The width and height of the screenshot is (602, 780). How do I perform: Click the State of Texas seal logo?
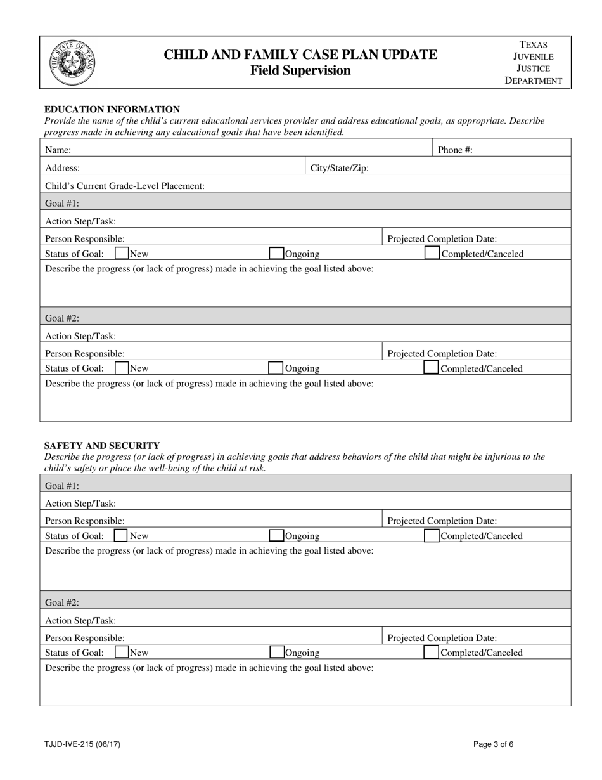72,62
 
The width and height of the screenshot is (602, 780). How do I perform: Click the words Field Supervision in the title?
300,70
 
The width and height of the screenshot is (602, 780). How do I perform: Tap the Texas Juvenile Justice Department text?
533,62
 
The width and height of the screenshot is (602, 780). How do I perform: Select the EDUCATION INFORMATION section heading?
112,109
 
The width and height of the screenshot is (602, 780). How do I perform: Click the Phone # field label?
455,150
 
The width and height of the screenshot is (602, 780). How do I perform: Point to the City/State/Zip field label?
339,168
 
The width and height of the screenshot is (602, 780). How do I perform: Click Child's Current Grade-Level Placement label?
125,186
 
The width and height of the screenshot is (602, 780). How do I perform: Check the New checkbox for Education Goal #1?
122,254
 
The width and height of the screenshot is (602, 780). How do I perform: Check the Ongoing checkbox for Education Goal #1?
276,254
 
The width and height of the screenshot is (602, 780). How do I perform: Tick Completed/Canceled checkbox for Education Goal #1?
431,254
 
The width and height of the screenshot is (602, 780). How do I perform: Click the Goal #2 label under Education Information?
62,318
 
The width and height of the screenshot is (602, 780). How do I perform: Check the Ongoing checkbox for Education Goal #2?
276,368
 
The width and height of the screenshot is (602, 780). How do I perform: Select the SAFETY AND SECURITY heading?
101,445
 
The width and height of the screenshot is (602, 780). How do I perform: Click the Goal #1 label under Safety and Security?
62,485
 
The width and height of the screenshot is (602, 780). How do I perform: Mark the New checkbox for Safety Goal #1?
121,536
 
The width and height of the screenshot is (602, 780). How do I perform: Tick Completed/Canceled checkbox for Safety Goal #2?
431,653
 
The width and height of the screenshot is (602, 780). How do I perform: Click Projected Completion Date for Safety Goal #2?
442,638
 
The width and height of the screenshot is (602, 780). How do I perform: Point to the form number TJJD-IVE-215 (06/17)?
82,744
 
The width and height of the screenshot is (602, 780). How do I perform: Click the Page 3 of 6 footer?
493,744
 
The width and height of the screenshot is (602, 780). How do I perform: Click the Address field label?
62,168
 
